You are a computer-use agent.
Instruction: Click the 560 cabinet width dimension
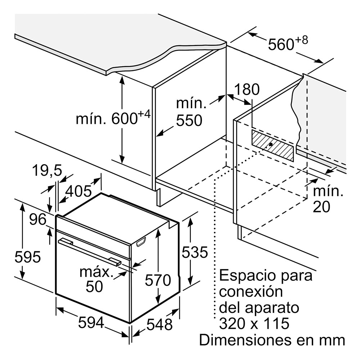pyautogui.click(x=288, y=44)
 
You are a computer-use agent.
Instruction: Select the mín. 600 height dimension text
pyautogui.click(x=113, y=118)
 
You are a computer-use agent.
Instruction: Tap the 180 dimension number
pyautogui.click(x=247, y=89)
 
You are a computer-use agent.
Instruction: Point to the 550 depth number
pyautogui.click(x=189, y=120)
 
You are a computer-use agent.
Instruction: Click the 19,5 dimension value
pyautogui.click(x=47, y=170)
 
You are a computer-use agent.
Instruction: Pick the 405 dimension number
pyautogui.click(x=78, y=191)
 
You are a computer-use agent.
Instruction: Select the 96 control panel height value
pyautogui.click(x=38, y=220)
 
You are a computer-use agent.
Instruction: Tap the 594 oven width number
pyautogui.click(x=91, y=322)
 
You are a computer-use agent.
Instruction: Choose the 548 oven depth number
pyautogui.click(x=159, y=325)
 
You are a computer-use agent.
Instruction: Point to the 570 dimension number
pyautogui.click(x=158, y=280)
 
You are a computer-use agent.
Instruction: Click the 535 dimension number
pyautogui.click(x=195, y=252)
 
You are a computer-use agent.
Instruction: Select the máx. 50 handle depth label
pyautogui.click(x=95, y=279)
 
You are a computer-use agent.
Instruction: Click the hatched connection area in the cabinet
pyautogui.click(x=273, y=145)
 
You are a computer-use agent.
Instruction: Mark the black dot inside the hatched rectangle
pyautogui.click(x=271, y=144)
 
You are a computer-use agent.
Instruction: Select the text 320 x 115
pyautogui.click(x=254, y=324)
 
